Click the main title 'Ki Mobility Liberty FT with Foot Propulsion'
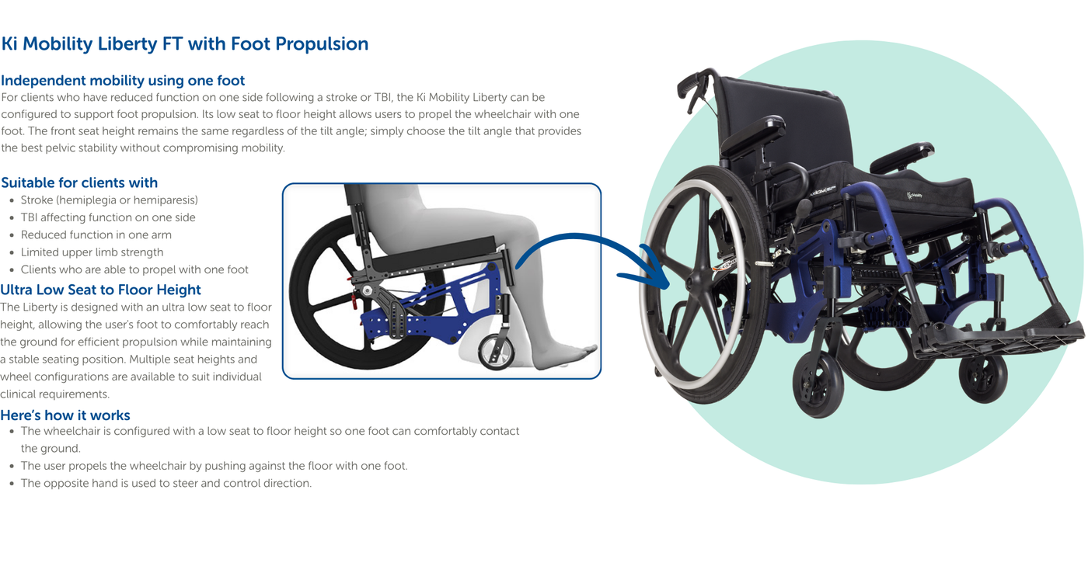pos(185,43)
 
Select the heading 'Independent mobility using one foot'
pos(123,80)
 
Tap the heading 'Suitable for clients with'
pos(79,182)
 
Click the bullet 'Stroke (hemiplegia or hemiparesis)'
pos(110,200)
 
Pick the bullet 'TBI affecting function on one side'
pos(108,217)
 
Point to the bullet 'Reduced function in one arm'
pos(96,234)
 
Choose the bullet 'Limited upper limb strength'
pos(92,252)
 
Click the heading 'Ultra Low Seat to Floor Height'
pos(100,290)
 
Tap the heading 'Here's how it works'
pos(65,415)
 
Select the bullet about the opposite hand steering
pos(166,483)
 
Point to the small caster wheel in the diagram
pos(497,352)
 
